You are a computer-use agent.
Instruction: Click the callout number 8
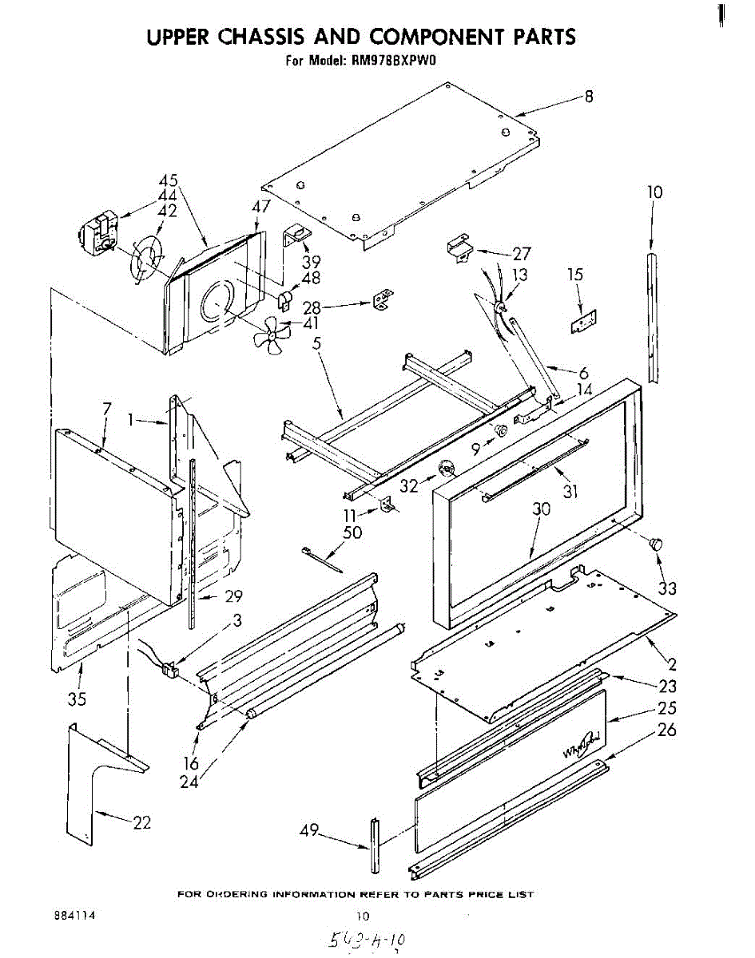pos(589,97)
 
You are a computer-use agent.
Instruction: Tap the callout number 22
pos(141,822)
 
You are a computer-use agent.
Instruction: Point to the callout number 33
pos(667,588)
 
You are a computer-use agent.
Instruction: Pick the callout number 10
pos(655,192)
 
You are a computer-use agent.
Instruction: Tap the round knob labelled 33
pos(657,545)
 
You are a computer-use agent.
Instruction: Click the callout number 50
pos(352,532)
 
